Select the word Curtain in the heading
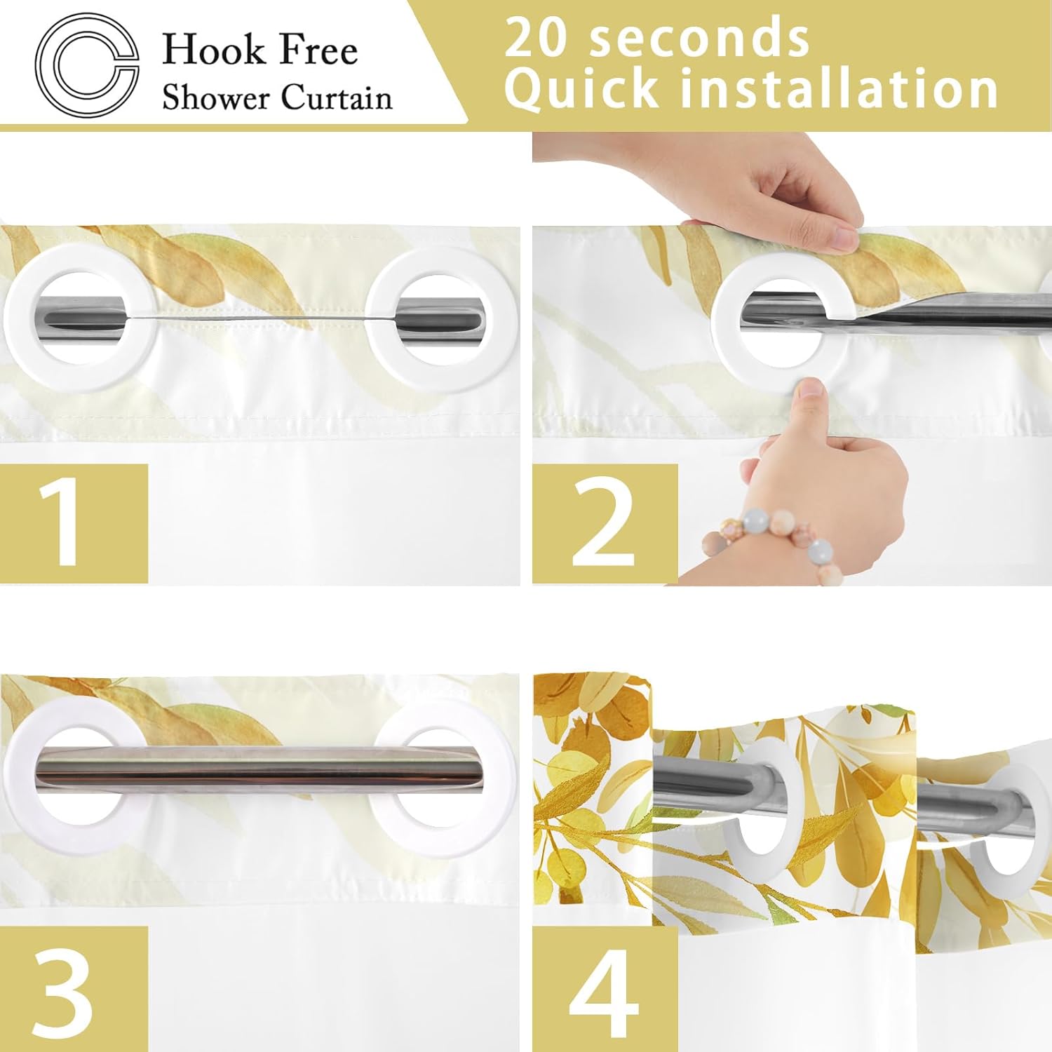pyautogui.click(x=336, y=97)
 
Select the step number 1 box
pyautogui.click(x=74, y=523)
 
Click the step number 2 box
pyautogui.click(x=605, y=523)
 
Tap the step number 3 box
pyautogui.click(x=74, y=989)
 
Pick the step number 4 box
pyautogui.click(x=605, y=989)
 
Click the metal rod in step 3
pyautogui.click(x=259, y=767)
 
